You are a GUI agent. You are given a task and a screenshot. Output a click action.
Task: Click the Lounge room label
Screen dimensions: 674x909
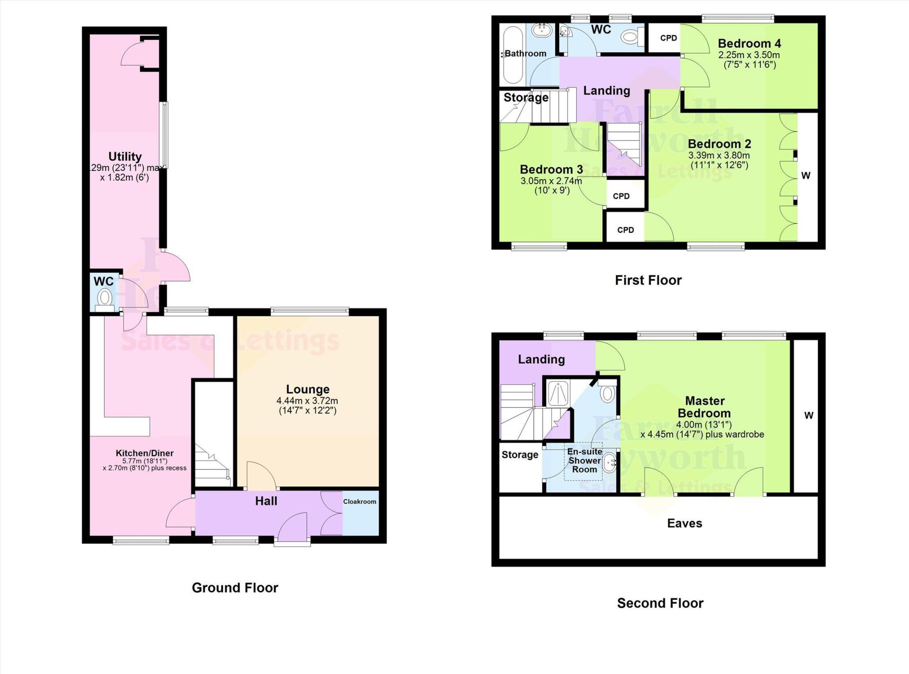308,389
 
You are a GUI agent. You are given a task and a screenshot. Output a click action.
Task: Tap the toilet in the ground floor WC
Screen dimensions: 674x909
105,297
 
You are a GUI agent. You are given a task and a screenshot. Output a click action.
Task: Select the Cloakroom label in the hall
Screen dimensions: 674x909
360,502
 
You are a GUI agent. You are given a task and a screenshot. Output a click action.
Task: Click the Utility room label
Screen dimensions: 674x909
125,157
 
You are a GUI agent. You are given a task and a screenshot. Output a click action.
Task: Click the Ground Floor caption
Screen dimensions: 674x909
235,588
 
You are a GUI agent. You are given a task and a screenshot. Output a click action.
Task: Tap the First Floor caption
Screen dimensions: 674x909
648,280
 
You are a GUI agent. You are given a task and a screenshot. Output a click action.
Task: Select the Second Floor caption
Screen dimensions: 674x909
660,603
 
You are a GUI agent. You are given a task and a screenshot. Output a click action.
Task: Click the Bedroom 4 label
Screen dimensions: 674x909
749,43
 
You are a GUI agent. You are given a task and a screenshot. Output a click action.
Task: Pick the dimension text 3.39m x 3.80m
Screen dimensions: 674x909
719,156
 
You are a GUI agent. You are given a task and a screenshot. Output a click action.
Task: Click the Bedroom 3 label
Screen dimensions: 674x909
551,169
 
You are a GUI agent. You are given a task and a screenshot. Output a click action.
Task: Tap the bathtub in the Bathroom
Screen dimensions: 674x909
512,55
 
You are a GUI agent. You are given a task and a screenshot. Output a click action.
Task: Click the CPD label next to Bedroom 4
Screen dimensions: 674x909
668,38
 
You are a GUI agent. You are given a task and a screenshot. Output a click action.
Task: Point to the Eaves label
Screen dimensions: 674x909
684,523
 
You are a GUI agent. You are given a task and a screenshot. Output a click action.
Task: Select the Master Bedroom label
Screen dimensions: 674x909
704,407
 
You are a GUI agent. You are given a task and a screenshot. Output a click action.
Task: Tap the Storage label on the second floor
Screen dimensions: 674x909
520,455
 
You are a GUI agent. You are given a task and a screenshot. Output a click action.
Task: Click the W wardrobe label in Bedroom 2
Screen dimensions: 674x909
806,176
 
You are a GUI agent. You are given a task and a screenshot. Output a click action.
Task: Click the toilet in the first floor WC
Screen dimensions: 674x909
630,37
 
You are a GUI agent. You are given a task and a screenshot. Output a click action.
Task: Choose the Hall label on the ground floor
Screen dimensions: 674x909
266,501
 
